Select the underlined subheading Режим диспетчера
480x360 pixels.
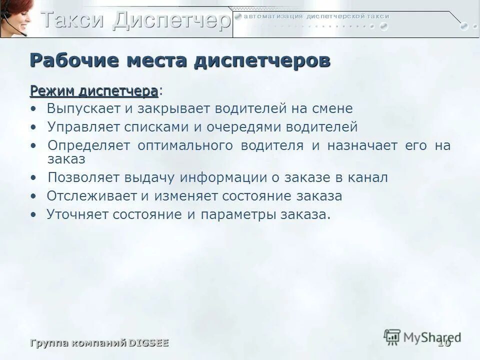93,91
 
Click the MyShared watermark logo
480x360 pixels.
422,336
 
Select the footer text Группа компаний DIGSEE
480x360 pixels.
99,343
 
